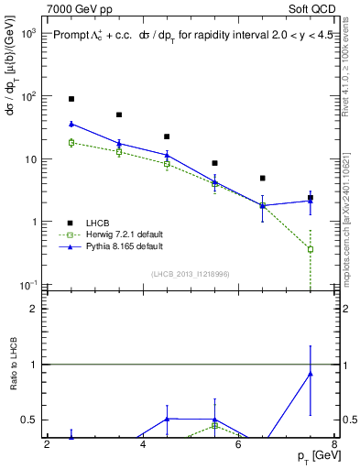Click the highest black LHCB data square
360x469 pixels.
click(71, 99)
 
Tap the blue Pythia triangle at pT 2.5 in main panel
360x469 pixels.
click(71, 124)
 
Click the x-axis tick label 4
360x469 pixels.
click(143, 445)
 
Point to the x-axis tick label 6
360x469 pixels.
click(238, 445)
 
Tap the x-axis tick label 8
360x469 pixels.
click(333, 445)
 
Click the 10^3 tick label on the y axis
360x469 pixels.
click(27, 34)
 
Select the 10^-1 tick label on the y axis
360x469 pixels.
click(27, 286)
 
